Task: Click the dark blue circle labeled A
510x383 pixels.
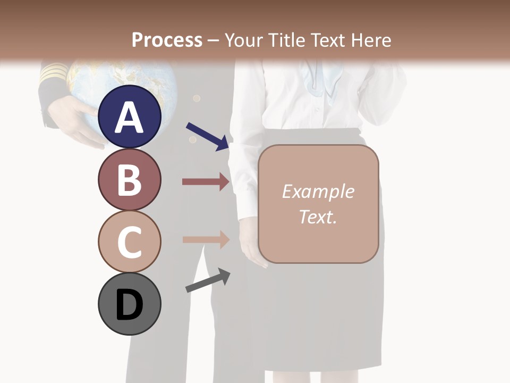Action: click(x=130, y=117)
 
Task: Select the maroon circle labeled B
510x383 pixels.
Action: click(x=130, y=180)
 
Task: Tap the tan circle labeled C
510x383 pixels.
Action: click(x=130, y=242)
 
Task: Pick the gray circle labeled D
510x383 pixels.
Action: click(x=130, y=304)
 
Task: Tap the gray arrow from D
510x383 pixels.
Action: click(x=208, y=280)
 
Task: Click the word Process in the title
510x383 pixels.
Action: click(x=167, y=40)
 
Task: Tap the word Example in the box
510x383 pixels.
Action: click(x=318, y=191)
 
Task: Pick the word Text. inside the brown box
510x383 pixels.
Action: click(x=318, y=217)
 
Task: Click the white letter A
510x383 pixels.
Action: click(x=130, y=117)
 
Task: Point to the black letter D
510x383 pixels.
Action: click(x=130, y=305)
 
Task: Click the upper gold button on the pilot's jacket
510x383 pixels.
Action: click(x=197, y=98)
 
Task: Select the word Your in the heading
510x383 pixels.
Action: click(x=242, y=40)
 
